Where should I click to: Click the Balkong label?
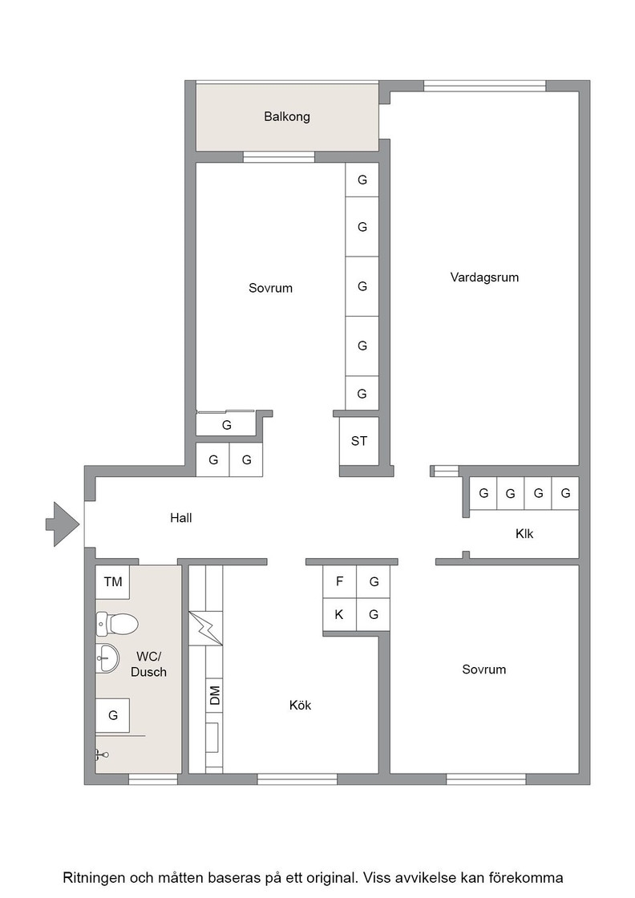tap(287, 117)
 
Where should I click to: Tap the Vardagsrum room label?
tap(484, 277)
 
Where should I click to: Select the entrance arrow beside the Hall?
tap(63, 524)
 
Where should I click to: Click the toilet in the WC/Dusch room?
tap(117, 625)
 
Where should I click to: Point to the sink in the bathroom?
tap(107, 657)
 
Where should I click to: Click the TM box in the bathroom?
tap(113, 582)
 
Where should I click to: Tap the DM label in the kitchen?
tap(215, 695)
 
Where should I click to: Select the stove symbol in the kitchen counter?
tap(205, 629)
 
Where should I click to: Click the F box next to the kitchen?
tap(339, 582)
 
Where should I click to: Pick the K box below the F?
tap(339, 615)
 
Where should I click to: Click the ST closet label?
tap(359, 441)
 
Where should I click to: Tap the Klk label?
tap(524, 534)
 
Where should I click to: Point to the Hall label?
tap(181, 518)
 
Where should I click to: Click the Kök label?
tap(300, 705)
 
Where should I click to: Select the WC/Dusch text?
tap(148, 665)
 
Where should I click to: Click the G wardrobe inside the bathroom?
tap(113, 715)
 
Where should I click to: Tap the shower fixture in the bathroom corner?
tap(101, 754)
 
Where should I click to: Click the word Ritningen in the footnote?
tap(94, 878)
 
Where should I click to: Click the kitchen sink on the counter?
tap(212, 738)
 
